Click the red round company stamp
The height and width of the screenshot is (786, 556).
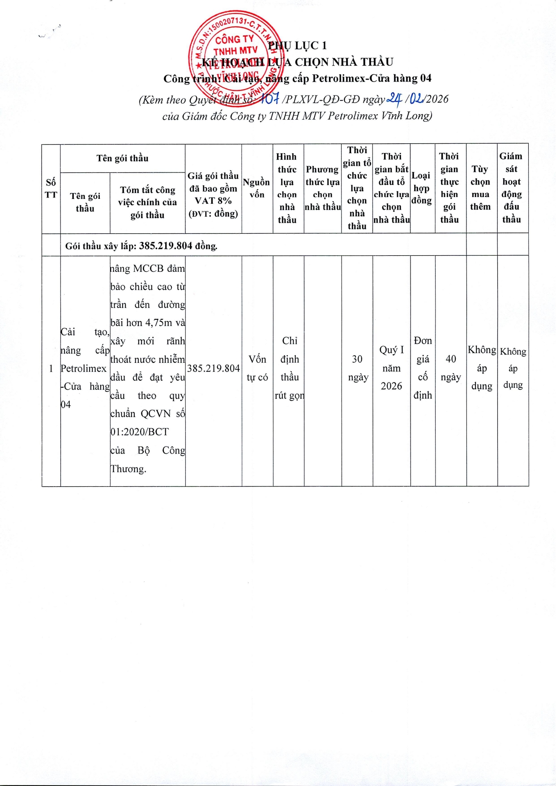(x=236, y=59)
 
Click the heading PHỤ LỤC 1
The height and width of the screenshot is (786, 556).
(x=297, y=45)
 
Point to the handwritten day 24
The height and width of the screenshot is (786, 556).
(x=394, y=98)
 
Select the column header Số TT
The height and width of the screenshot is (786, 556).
(x=51, y=189)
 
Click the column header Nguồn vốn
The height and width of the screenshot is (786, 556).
(x=257, y=188)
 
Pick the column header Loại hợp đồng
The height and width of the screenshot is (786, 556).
(x=422, y=188)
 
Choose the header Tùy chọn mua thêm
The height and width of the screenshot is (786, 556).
(x=480, y=188)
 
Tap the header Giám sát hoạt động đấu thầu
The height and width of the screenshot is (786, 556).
(x=511, y=188)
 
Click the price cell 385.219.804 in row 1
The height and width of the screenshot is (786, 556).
(x=213, y=368)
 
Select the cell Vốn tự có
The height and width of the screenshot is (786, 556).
(x=257, y=368)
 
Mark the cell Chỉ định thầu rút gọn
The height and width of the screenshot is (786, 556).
(x=289, y=368)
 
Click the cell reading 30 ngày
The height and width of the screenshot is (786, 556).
(x=357, y=368)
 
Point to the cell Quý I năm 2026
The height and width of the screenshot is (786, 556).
(x=391, y=368)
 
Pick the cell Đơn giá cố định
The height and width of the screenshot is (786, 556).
(x=423, y=368)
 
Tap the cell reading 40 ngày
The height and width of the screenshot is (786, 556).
(x=451, y=368)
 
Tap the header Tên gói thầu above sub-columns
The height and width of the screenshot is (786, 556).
(x=122, y=158)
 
